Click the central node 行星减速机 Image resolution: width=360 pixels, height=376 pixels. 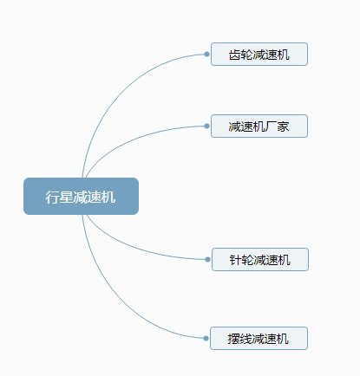81,196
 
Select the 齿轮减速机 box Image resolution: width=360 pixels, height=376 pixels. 259,55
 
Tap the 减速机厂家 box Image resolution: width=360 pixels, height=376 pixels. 259,126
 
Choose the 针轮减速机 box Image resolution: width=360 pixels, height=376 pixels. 260,259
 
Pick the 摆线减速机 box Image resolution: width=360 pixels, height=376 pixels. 259,338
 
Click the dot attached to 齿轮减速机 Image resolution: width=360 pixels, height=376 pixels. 206,54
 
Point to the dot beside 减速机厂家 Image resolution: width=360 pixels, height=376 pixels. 206,126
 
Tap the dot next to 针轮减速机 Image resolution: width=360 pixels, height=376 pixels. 207,259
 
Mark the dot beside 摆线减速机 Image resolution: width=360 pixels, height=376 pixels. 206,338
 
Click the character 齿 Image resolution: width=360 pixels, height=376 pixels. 235,55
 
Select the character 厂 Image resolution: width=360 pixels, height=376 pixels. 271,126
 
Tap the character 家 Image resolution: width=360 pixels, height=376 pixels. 283,126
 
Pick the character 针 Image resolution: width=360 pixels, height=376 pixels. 236,260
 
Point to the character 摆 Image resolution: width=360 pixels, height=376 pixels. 234,339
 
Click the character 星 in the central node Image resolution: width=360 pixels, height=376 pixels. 66,197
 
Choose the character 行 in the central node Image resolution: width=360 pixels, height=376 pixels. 52,197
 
